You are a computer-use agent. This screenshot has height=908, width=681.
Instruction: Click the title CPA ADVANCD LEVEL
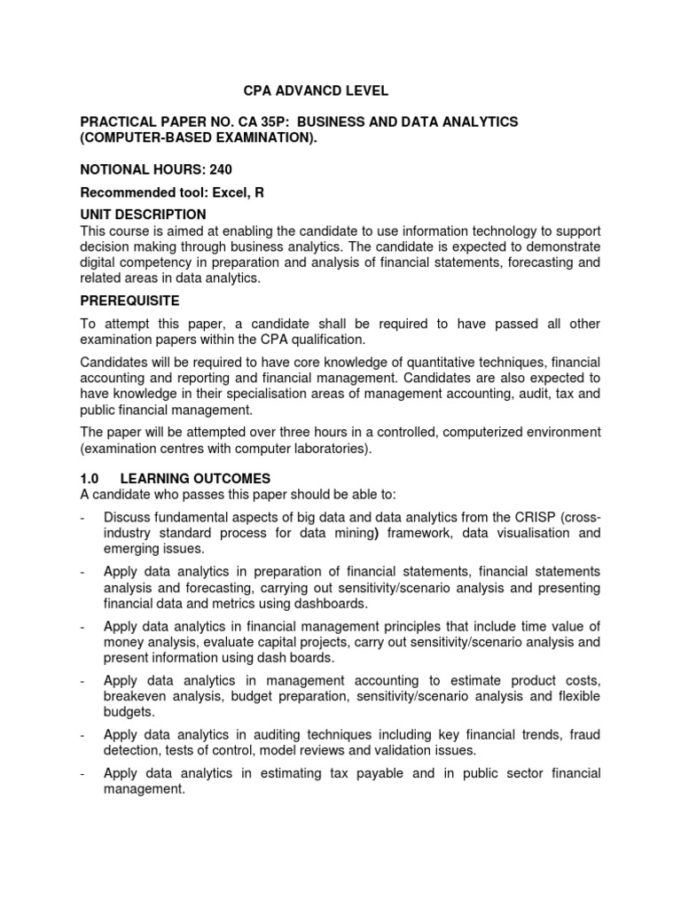(316, 90)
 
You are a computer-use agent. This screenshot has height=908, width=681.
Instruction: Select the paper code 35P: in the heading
(278, 121)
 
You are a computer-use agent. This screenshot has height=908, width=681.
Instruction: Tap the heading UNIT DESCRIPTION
(143, 215)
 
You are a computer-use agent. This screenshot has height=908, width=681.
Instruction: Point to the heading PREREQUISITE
(129, 301)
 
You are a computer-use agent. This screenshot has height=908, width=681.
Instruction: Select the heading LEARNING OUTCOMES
(195, 479)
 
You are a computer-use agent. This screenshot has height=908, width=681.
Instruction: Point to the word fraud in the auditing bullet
(583, 735)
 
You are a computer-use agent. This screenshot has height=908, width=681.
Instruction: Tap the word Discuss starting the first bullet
(129, 517)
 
